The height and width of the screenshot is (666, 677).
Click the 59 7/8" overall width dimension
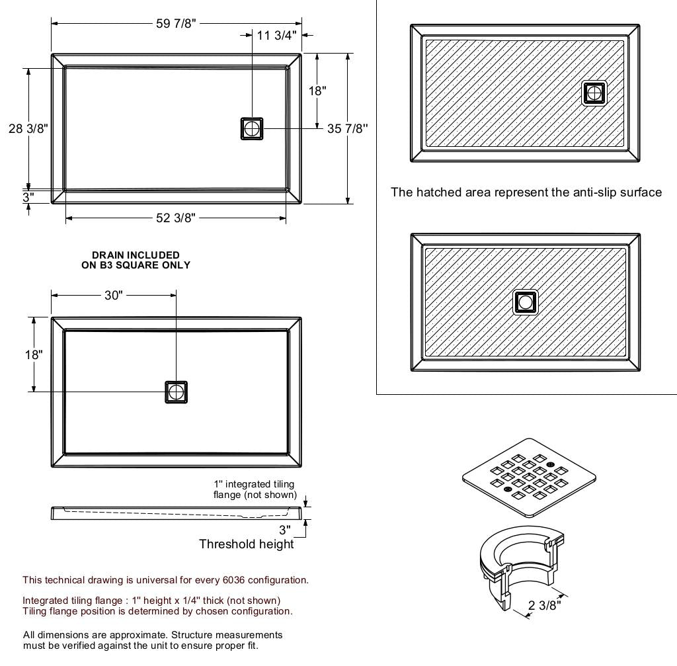[x=176, y=23]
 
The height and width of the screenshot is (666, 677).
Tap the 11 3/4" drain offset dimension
[x=277, y=36]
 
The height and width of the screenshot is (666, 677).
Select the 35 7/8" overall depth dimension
[x=348, y=129]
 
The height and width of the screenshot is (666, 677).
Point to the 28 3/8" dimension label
[x=28, y=129]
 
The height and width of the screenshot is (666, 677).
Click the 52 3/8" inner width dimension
[x=176, y=218]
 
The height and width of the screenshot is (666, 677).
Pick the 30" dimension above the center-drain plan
[x=114, y=296]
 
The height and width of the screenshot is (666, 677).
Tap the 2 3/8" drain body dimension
[x=545, y=605]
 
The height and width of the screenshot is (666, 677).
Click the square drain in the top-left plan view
[x=252, y=129]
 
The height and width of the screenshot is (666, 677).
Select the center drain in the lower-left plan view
[x=176, y=392]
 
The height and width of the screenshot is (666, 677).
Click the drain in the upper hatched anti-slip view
[x=594, y=93]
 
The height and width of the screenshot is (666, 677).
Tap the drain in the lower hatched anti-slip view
[x=526, y=302]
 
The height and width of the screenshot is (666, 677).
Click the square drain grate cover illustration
[x=529, y=478]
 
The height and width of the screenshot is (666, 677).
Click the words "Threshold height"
[x=247, y=544]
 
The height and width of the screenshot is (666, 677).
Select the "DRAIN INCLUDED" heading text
[x=136, y=255]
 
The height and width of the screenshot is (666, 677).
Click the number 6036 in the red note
[x=233, y=580]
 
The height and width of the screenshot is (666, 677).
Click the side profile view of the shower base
[x=176, y=513]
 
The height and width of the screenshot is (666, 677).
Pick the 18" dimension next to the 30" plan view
[x=34, y=354]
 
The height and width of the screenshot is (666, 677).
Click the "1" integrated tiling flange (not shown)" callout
[x=255, y=489]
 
